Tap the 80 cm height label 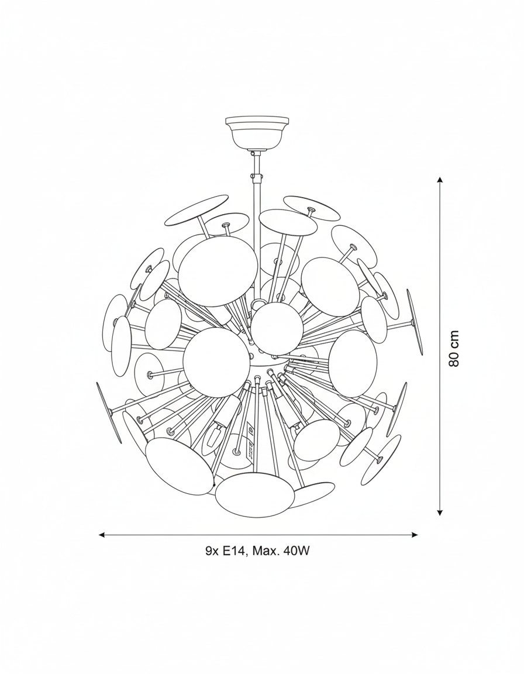click(x=454, y=348)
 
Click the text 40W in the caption click(x=296, y=551)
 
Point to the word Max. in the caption click(x=266, y=551)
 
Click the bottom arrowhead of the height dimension click(x=439, y=511)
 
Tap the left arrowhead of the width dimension click(x=102, y=535)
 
